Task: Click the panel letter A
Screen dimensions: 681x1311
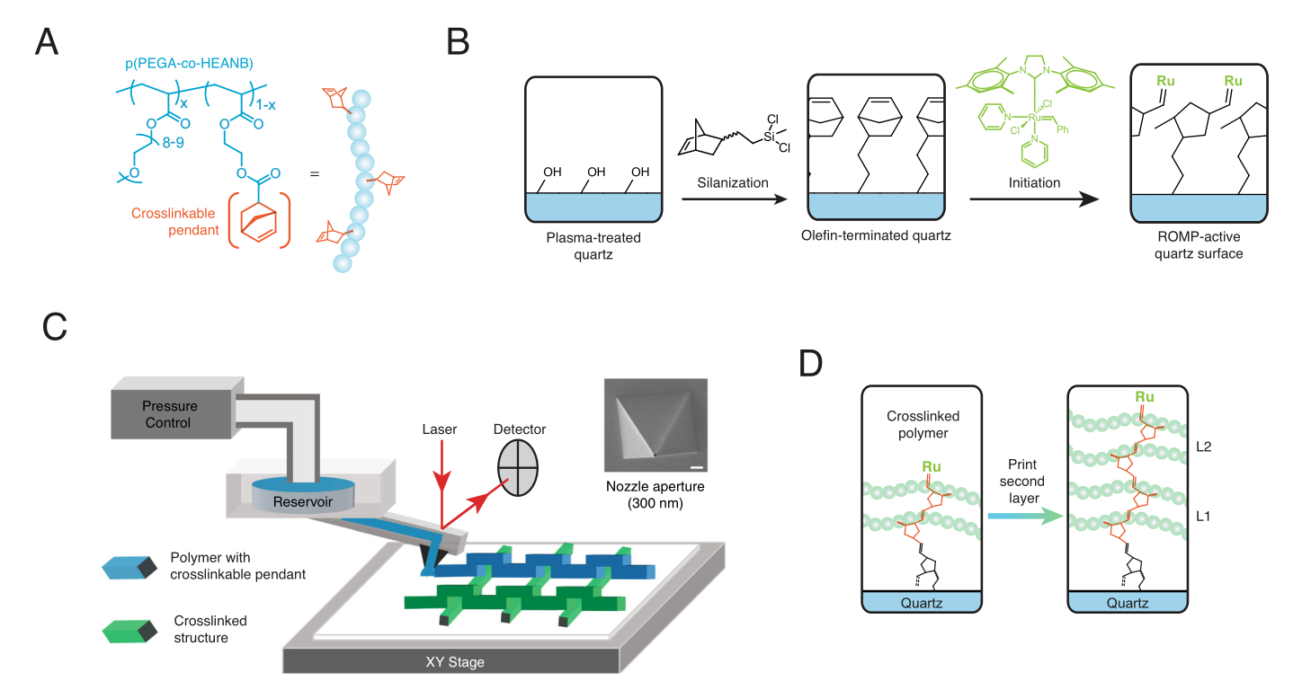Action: click(47, 42)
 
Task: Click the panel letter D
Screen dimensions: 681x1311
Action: click(811, 365)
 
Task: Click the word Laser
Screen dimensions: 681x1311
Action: click(439, 429)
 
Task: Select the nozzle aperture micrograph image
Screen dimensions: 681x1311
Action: click(655, 425)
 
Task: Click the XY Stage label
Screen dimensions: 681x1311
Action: click(454, 662)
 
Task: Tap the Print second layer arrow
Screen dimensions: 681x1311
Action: click(1021, 515)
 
